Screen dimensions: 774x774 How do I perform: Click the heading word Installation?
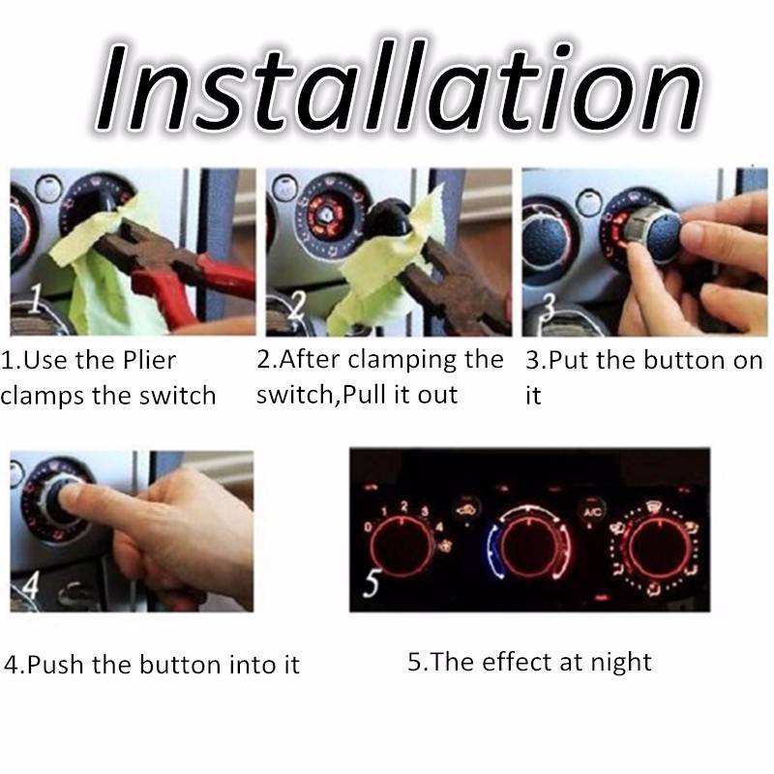click(x=398, y=86)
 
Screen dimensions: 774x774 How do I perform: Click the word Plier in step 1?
click(x=149, y=360)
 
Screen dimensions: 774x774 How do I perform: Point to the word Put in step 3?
click(x=569, y=360)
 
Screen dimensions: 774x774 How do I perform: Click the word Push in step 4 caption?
click(x=55, y=664)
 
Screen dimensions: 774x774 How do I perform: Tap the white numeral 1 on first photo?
click(x=35, y=298)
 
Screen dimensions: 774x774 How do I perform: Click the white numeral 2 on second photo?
click(x=296, y=306)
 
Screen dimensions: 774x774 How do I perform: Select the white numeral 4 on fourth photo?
click(x=30, y=586)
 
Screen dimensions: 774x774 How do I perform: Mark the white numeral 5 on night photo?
click(x=372, y=582)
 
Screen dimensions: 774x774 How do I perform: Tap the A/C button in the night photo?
click(x=592, y=512)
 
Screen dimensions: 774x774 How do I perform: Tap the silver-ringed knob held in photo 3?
click(x=651, y=231)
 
